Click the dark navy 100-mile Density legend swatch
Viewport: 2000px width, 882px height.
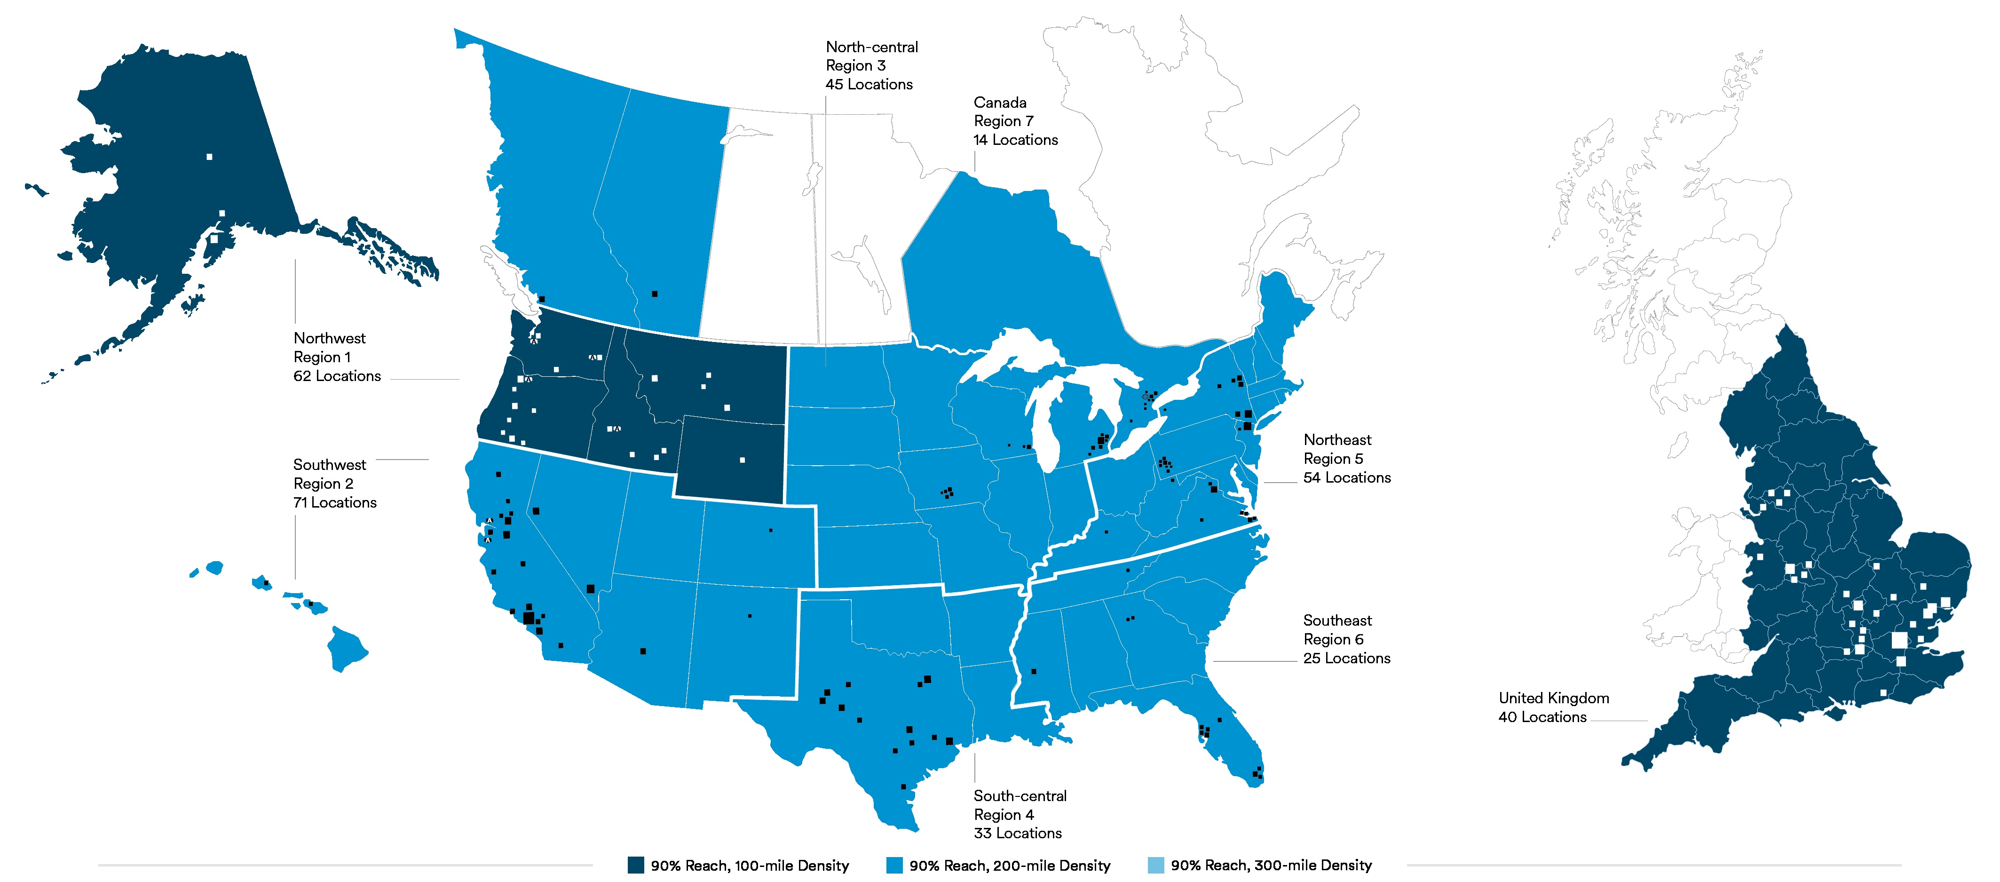point(636,865)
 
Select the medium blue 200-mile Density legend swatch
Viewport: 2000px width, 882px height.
point(894,865)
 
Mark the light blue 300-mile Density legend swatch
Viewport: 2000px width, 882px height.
point(1155,865)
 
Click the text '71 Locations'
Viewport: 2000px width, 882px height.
point(335,502)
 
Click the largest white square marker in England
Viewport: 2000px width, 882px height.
point(1899,640)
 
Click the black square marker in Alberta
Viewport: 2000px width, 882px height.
point(655,294)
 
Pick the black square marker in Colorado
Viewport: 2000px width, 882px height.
point(770,530)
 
